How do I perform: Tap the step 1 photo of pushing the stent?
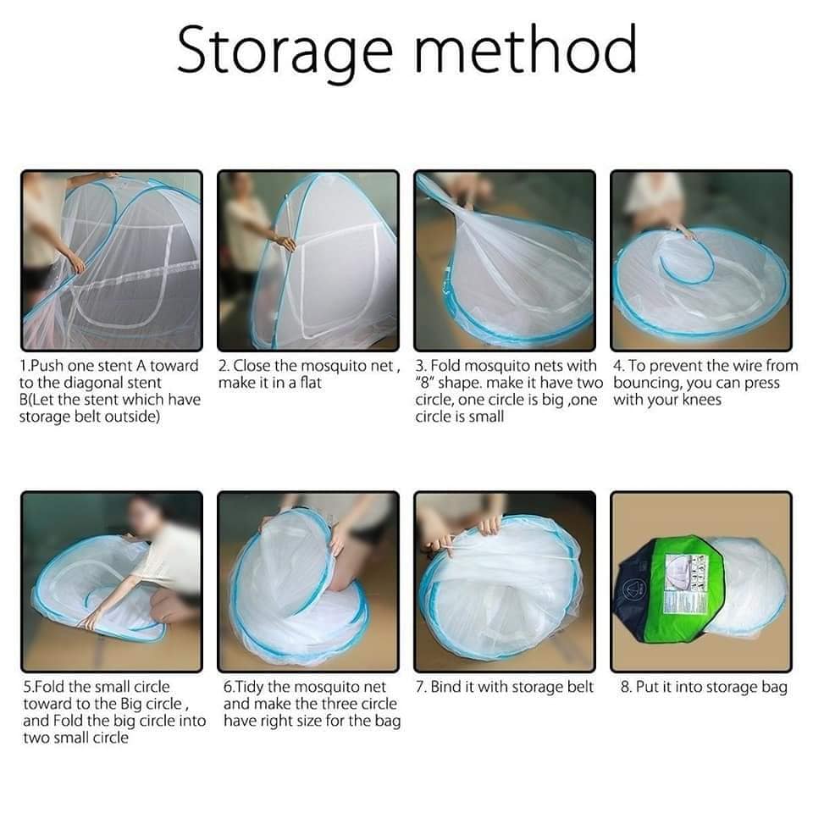coord(111,261)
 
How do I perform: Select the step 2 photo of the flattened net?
coord(308,261)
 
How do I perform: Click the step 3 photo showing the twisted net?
coord(505,261)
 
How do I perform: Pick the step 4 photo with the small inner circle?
coord(701,261)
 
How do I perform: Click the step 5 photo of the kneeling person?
coord(111,582)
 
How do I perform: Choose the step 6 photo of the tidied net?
coord(308,582)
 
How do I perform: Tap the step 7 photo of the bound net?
coord(505,582)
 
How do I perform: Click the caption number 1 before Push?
coord(24,366)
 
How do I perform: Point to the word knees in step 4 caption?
coord(699,400)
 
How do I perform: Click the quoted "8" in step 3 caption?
coord(427,383)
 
